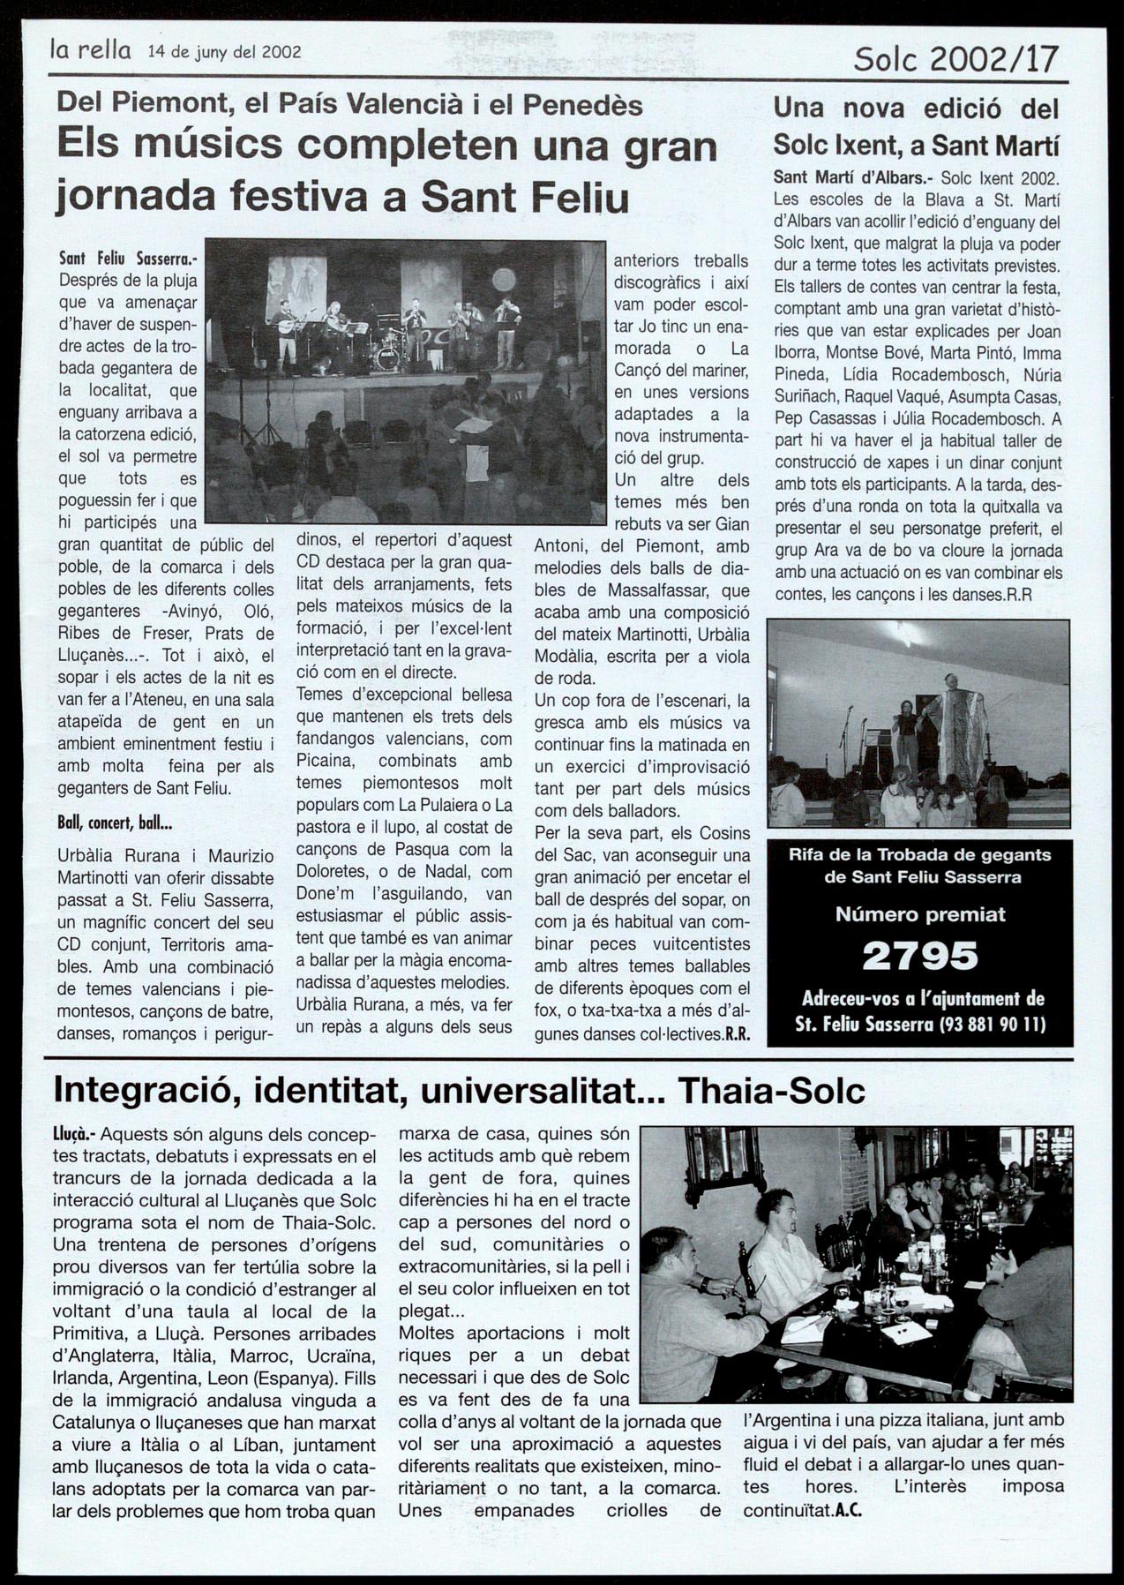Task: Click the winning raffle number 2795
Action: point(920,956)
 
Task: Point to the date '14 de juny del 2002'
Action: point(224,51)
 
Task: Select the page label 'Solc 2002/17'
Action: point(955,58)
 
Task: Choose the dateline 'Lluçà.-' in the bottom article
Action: point(74,1134)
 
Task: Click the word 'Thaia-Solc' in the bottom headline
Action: point(772,1091)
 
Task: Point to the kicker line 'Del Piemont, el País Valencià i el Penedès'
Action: point(349,105)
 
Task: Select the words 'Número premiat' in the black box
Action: point(920,914)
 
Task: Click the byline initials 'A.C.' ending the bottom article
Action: point(848,1510)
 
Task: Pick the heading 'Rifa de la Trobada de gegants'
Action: point(920,854)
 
